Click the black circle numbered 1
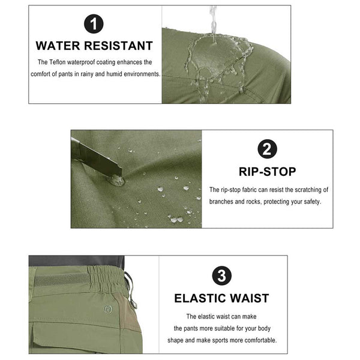94,23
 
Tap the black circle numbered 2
267,149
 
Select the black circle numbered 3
221,275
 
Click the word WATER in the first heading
58,46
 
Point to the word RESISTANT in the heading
118,46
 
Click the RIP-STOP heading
268,172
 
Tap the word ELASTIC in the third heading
200,298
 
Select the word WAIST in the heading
250,298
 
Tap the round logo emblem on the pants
107,309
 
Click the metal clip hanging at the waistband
131,290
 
